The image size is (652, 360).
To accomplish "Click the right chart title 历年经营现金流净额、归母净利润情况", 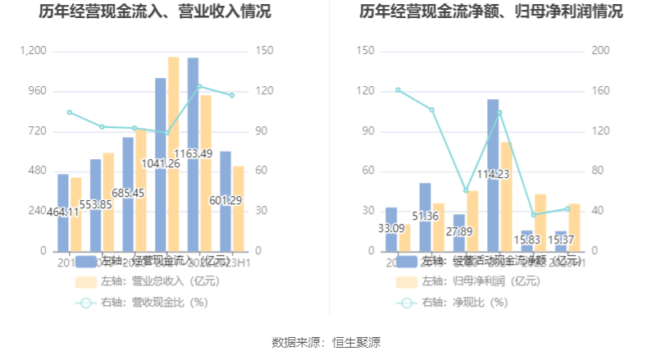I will pos(490,12).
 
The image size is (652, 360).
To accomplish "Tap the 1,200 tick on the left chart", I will pos(34,51).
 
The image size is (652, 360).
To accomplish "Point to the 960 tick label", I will pos(37,91).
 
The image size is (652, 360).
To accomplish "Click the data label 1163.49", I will pos(193,153).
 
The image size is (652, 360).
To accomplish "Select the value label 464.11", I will pos(63,212).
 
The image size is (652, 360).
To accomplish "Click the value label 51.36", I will pos(425,216).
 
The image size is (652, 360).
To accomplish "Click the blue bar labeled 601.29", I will pos(226,221).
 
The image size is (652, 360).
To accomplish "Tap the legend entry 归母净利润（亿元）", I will pos(480,281).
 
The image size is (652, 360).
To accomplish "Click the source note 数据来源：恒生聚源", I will pos(326,343).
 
